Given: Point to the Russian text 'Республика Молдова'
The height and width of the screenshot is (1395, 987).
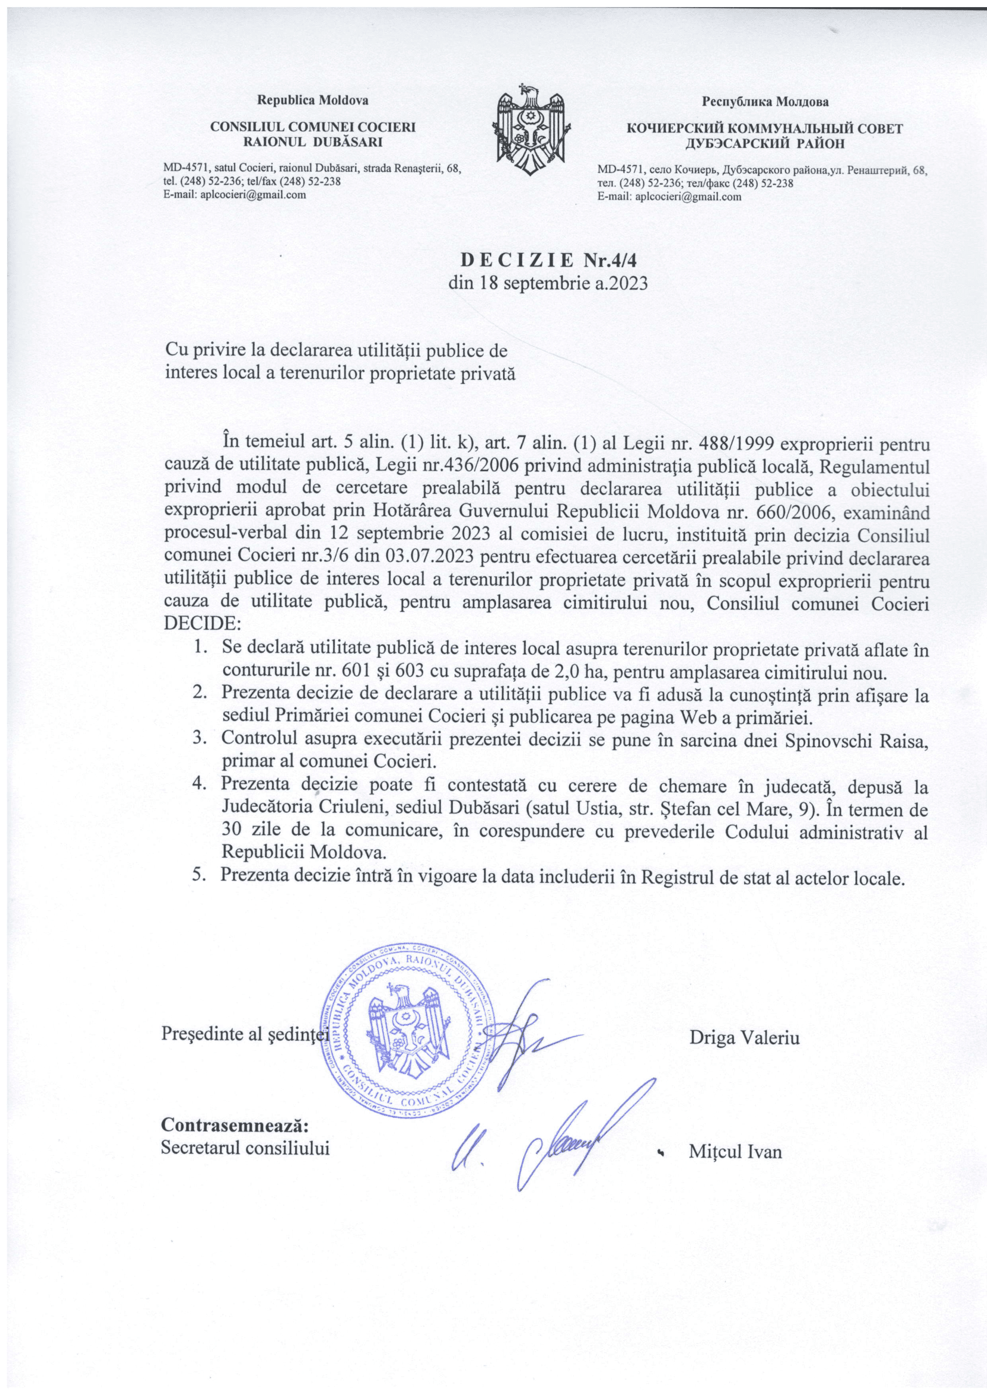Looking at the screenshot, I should [x=765, y=101].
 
